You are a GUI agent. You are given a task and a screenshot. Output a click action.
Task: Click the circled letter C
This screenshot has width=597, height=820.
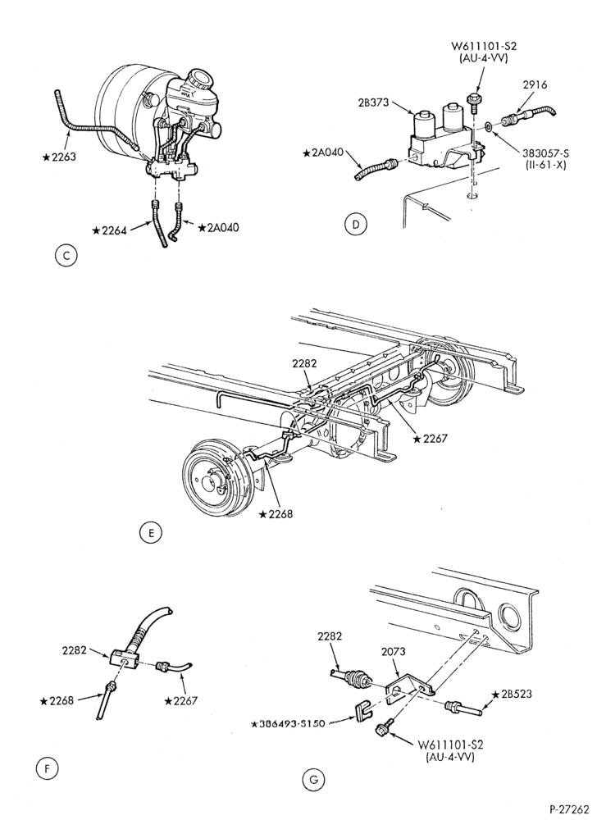[x=66, y=256]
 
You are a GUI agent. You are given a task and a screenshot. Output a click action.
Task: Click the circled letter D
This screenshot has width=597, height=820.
[x=356, y=225]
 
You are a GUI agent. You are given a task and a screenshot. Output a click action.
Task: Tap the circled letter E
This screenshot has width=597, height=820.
[x=151, y=533]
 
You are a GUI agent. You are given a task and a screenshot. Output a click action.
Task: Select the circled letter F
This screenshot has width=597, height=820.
[x=48, y=768]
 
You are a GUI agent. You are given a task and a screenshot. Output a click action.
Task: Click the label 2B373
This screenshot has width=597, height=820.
[x=373, y=103]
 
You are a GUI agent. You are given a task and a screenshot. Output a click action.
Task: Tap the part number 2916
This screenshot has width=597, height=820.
[x=535, y=84]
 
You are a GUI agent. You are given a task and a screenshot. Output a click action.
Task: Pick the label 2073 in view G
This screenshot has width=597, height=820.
[x=393, y=652]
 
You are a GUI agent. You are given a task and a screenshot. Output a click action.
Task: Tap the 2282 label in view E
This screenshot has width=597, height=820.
[x=304, y=363]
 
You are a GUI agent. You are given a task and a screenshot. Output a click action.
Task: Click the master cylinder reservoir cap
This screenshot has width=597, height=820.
[x=200, y=79]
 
